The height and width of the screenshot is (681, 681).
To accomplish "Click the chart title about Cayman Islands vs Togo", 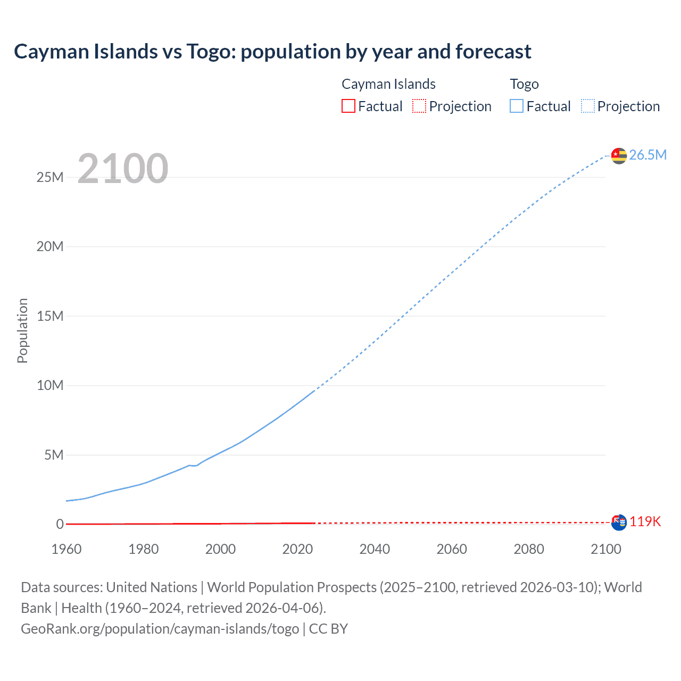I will tap(272, 52).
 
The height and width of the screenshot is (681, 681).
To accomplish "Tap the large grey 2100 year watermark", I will tap(123, 169).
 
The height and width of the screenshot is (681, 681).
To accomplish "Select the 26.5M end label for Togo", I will tap(647, 155).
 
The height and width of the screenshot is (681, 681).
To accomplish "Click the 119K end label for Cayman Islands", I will tap(645, 521).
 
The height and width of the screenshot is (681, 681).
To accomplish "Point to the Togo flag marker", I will tap(619, 155).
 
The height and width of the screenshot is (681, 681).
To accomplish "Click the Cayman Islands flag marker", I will tap(619, 522).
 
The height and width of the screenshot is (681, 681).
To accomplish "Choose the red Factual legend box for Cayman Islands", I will tap(348, 106).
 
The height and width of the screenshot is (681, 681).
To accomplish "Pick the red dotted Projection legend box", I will tap(419, 106).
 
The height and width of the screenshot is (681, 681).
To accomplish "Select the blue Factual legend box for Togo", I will tap(517, 106).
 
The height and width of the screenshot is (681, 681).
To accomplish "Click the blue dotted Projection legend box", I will tap(588, 106).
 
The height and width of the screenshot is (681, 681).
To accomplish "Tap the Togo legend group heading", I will tap(524, 84).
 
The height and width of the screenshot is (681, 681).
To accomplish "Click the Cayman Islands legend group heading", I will tap(388, 84).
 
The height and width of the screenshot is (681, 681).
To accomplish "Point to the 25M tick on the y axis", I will tap(50, 177).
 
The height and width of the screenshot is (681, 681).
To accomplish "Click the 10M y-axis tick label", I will tap(50, 385).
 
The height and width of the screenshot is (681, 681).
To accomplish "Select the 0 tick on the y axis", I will tap(60, 524).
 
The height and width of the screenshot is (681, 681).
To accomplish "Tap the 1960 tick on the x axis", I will tap(67, 549).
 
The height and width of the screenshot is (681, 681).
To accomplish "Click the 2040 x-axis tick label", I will tap(375, 549).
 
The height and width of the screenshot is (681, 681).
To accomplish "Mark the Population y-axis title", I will tap(22, 330).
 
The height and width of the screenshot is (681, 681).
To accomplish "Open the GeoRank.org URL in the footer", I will tap(160, 628).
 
